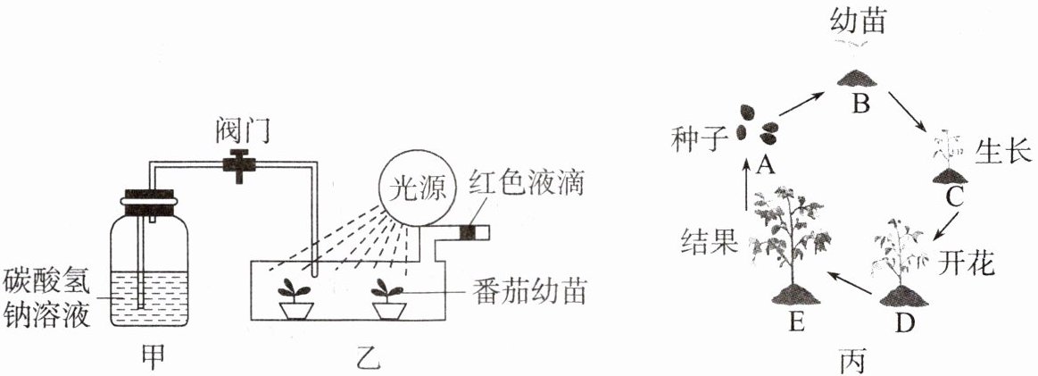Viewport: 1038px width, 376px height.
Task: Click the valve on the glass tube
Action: [239, 164]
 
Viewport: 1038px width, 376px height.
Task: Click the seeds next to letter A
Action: [755, 125]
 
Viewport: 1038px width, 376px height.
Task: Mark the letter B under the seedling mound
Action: [860, 105]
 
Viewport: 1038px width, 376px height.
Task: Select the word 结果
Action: [708, 239]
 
